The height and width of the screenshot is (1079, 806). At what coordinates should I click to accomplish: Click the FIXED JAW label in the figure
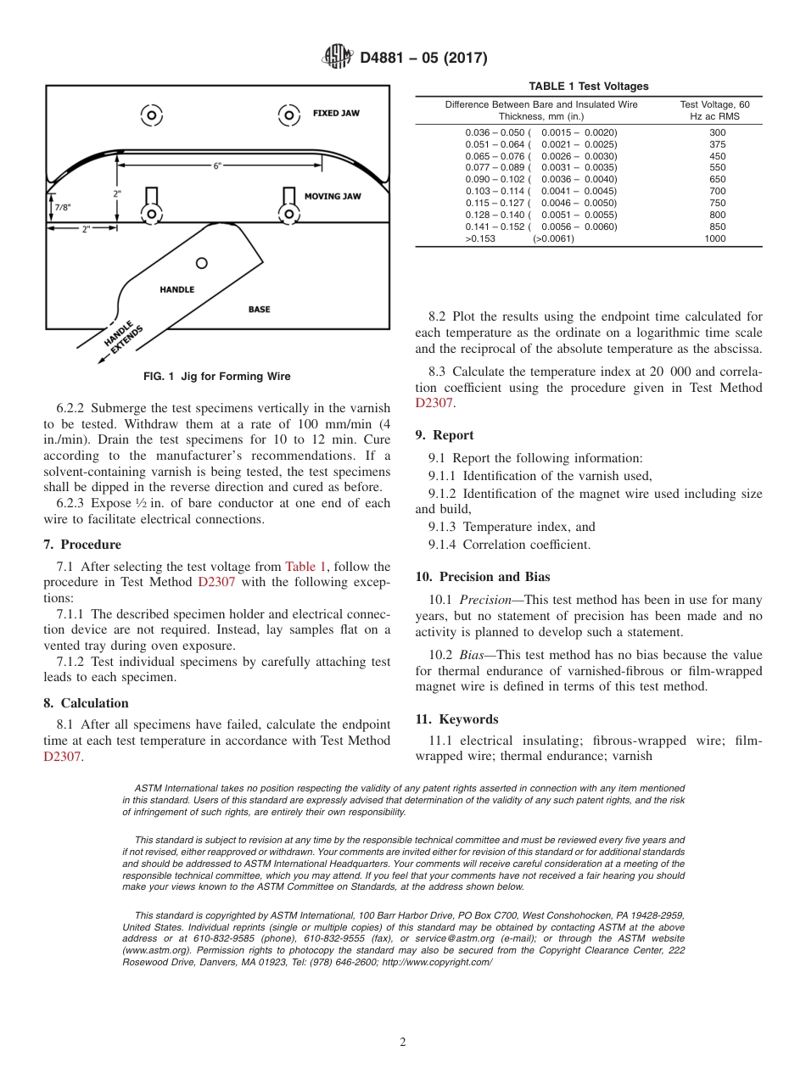(336, 113)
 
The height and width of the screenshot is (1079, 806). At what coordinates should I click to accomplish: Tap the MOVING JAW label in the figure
(333, 196)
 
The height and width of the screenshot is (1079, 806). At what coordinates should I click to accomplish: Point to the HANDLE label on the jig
(176, 289)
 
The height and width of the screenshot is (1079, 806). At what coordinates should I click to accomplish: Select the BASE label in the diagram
(259, 309)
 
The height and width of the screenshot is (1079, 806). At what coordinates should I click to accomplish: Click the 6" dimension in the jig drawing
(217, 165)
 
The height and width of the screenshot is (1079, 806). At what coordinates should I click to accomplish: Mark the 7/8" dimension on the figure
(63, 207)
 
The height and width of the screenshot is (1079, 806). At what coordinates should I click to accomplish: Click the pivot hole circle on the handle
(202, 263)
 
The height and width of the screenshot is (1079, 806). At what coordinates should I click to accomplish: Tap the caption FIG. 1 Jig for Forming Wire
(216, 377)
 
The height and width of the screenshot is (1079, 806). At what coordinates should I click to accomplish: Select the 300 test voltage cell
(717, 132)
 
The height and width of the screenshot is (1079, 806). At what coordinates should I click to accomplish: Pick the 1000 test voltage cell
(717, 238)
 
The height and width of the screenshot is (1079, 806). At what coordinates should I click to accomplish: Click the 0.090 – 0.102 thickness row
(541, 180)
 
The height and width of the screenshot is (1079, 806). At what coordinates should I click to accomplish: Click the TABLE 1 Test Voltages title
(588, 86)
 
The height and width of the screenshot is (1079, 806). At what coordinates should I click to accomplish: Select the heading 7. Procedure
(82, 545)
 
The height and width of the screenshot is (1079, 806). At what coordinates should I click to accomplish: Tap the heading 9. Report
(445, 435)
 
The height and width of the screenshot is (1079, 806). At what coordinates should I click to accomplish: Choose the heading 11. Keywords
(456, 719)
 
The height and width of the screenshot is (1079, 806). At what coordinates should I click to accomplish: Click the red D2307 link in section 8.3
(434, 404)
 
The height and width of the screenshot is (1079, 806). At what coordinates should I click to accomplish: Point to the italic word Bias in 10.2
(473, 655)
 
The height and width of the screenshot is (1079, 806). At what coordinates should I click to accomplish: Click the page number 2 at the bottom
(403, 1043)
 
